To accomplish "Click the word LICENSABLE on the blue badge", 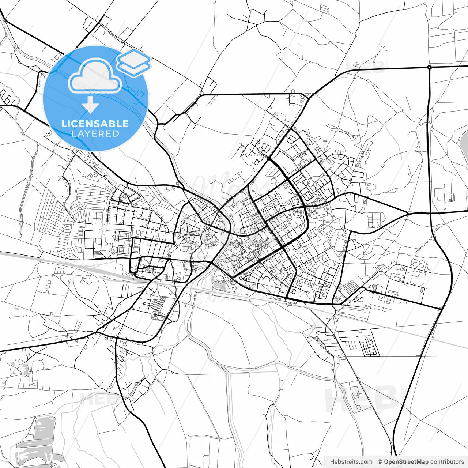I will [95, 124].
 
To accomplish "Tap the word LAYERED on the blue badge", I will [95, 133].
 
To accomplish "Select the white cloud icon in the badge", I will [95, 77].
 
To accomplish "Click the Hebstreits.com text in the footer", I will [351, 462].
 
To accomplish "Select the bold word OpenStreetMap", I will [406, 462].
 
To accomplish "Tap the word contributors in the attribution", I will [447, 462].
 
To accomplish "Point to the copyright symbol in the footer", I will [380, 462].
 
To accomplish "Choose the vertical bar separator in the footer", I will [375, 462].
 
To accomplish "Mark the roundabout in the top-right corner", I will [429, 67].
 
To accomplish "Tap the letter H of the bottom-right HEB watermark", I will [335, 399].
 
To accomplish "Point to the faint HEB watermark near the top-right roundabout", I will [366, 67].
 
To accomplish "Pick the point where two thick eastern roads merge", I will [408, 213].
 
